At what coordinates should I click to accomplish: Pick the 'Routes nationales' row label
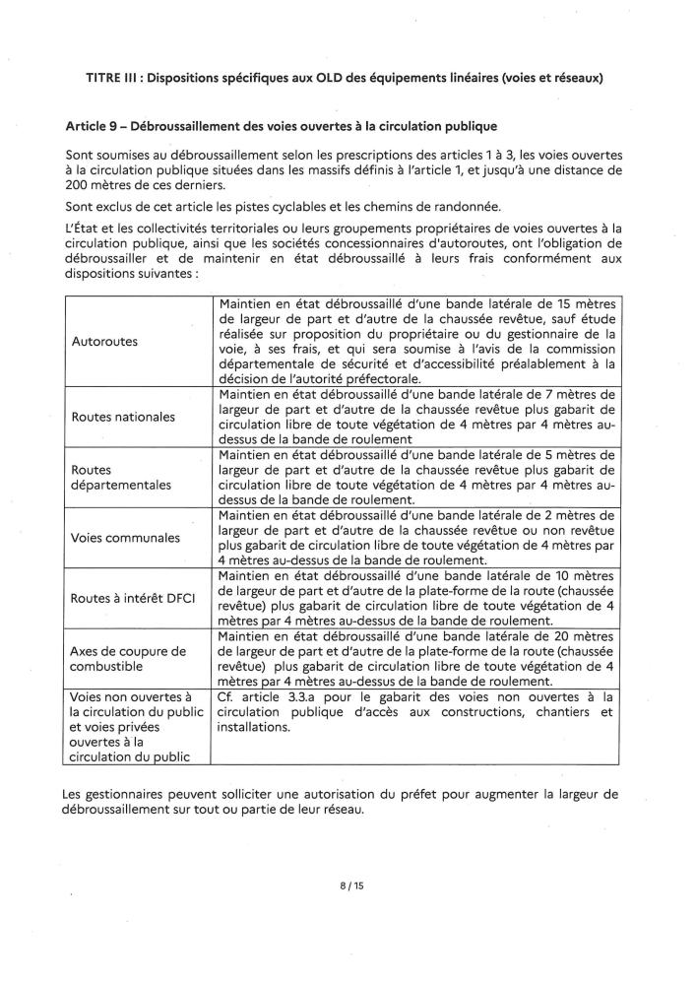(x=124, y=417)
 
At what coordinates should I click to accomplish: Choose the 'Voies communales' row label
(x=126, y=538)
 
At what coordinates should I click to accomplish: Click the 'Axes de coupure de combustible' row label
(x=129, y=659)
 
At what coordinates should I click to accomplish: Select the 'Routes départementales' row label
(x=121, y=477)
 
